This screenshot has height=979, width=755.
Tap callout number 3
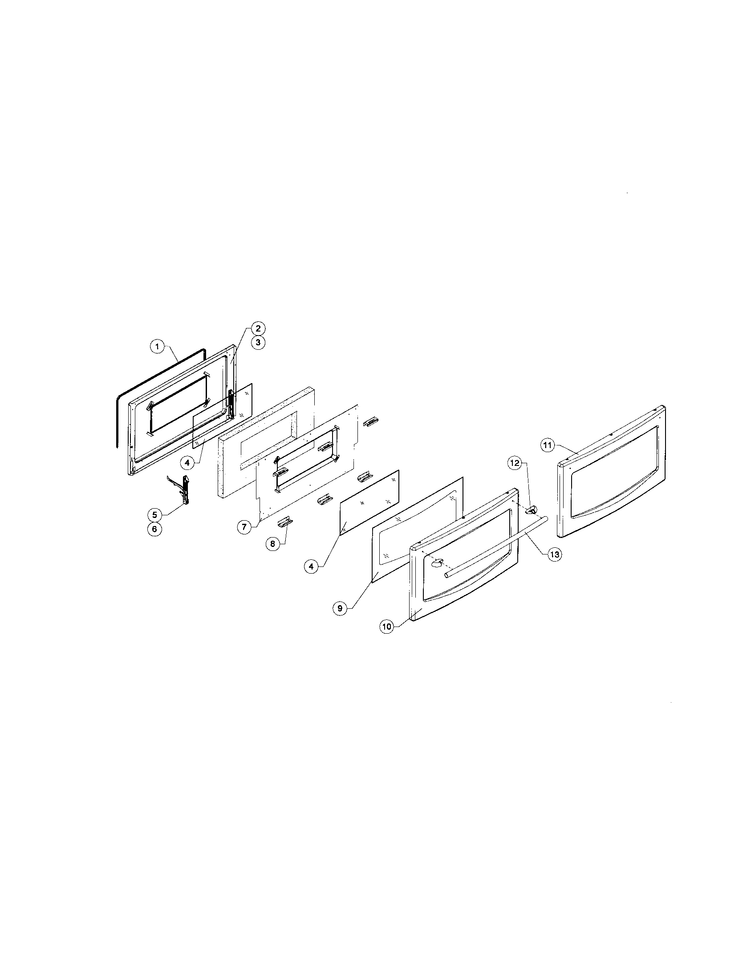[258, 343]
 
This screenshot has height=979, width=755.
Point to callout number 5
[154, 514]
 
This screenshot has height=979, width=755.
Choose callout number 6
[154, 529]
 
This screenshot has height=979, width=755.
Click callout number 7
[244, 527]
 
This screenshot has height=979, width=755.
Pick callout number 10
[386, 627]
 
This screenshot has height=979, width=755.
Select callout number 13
[555, 554]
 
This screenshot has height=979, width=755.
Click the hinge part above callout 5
[184, 489]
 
